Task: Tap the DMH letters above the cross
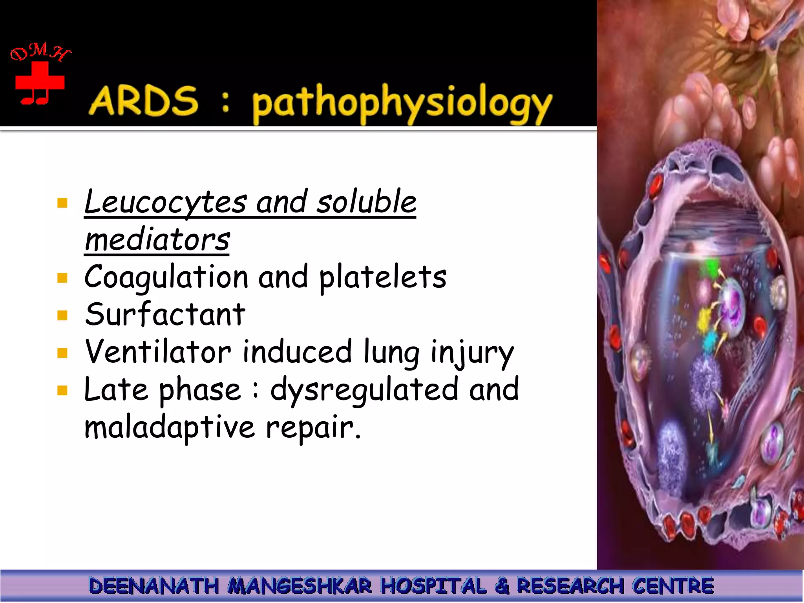40,53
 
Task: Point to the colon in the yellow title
225,103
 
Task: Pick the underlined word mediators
157,240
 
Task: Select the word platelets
383,277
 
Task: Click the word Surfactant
165,314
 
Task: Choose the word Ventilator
158,352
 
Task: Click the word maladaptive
170,428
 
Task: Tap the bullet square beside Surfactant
62,315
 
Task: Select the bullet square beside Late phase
62,391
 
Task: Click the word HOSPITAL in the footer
434,586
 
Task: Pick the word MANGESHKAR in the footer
300,586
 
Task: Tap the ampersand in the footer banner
502,586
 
